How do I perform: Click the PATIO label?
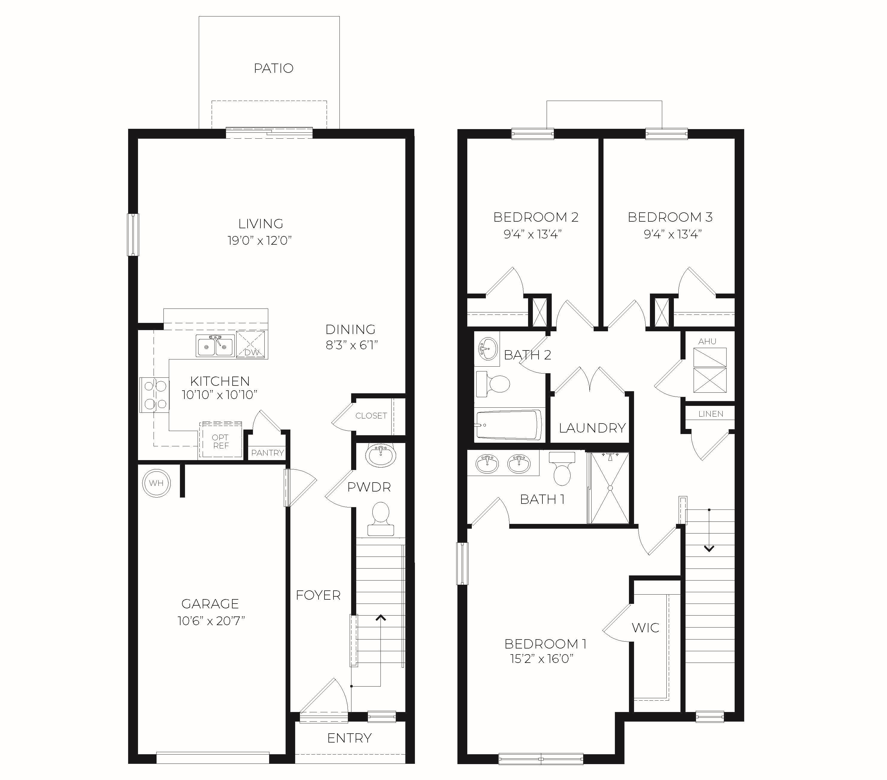[x=273, y=68]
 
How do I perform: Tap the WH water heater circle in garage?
[x=156, y=483]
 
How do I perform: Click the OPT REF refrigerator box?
[x=220, y=441]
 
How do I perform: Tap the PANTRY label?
[x=267, y=453]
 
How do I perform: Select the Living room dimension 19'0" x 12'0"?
[x=260, y=240]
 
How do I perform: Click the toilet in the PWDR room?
[x=380, y=518]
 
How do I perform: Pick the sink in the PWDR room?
[x=380, y=455]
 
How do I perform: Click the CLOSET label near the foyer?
[x=371, y=416]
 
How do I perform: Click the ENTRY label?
[x=349, y=738]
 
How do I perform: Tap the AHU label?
[x=707, y=341]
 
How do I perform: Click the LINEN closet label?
[x=711, y=414]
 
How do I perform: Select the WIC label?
[x=645, y=628]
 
